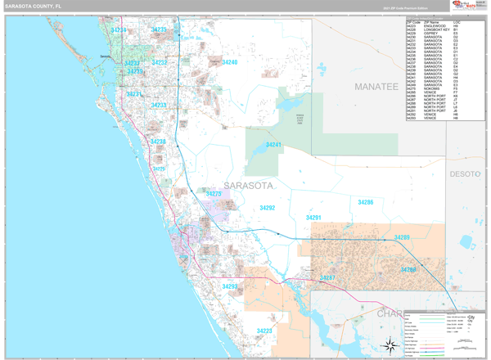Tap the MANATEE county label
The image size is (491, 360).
coord(375,86)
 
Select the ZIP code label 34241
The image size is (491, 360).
coord(273,145)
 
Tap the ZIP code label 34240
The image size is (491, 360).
coord(230,62)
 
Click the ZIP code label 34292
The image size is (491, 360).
coord(268,209)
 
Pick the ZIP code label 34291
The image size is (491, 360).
coord(313,218)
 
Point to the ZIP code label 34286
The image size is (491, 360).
coord(365,201)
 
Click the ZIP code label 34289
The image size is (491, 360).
coord(401,237)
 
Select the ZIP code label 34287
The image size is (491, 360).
coord(327,278)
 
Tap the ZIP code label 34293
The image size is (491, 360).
coord(230,286)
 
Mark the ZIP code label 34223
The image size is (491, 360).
coord(264,331)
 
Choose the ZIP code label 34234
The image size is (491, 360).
coord(119,30)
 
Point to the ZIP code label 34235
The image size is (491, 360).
coord(158,30)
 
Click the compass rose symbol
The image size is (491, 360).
coord(389,344)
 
